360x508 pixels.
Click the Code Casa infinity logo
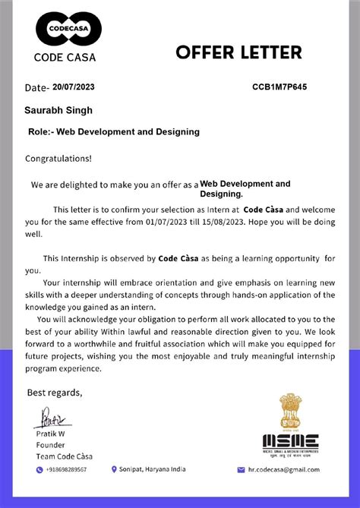pos(69,30)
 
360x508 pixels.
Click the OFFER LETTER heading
pos(238,52)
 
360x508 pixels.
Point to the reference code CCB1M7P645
pos(279,87)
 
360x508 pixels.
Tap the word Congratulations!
pos(58,159)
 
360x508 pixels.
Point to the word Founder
pos(50,445)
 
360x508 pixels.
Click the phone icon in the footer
pos(39,470)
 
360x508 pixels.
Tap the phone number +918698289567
pos(67,470)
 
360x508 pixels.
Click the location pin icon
pos(114,469)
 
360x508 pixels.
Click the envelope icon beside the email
pos(242,470)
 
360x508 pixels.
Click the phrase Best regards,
pos(55,393)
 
